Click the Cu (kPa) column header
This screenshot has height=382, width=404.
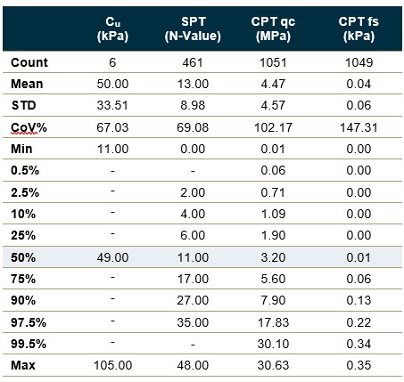tap(112, 28)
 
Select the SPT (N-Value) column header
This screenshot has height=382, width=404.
tap(193, 28)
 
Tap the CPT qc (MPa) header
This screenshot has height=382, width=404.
tap(273, 28)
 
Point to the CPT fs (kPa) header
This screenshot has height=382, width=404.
tap(359, 28)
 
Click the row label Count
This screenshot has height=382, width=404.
tap(29, 62)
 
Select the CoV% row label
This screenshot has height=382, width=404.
tap(29, 127)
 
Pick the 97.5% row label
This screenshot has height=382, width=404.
tap(29, 322)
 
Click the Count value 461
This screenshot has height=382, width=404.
tap(193, 62)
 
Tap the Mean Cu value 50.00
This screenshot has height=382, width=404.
tap(112, 84)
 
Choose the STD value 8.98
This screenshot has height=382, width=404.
tap(193, 105)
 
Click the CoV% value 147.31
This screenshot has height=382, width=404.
tap(359, 127)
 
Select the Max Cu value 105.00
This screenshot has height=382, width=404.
tap(112, 365)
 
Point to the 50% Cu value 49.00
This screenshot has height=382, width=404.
tap(112, 257)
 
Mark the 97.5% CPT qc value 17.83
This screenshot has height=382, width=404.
tap(273, 322)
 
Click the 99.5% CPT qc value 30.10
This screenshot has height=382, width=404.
tap(273, 344)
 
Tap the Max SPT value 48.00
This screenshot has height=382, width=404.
tap(193, 365)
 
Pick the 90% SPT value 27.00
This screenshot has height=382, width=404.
tap(193, 300)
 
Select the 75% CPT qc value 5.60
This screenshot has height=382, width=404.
tap(273, 279)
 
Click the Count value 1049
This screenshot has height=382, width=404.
tap(359, 62)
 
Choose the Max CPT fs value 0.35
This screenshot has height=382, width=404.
tap(359, 365)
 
